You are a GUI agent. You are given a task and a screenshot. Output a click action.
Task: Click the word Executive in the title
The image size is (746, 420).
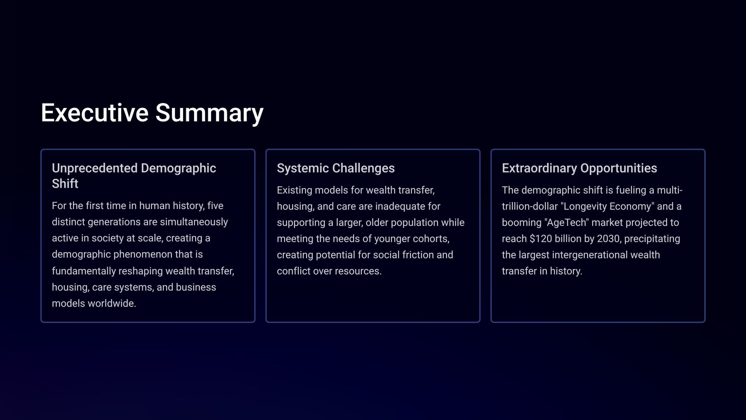click(x=95, y=112)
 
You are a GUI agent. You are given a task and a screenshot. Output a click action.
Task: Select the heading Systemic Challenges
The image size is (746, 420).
click(x=336, y=168)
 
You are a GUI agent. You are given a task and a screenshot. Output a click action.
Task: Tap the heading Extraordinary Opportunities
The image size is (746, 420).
click(x=579, y=168)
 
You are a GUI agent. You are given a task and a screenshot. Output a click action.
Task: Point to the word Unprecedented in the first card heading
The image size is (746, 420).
click(x=95, y=168)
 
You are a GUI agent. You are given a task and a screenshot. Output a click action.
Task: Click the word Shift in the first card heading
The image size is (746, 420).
click(x=65, y=184)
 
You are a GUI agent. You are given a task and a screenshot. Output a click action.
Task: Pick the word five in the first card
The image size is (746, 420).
click(x=215, y=206)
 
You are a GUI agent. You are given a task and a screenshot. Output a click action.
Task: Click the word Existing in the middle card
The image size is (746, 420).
click(x=294, y=190)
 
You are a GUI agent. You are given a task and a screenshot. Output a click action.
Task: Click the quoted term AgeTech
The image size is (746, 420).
click(x=567, y=223)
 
